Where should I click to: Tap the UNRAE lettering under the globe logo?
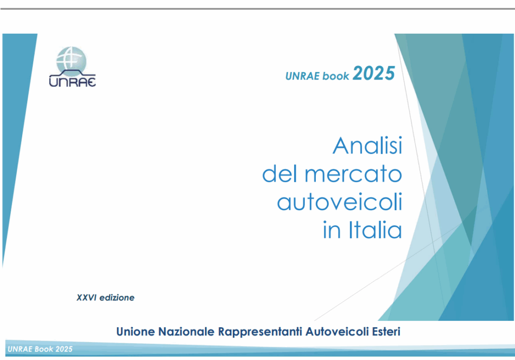coord(72,81)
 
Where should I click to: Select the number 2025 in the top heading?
coord(374,74)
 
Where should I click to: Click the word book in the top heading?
coord(335,76)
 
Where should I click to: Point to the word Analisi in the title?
coord(367,146)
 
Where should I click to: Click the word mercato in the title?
coord(353,174)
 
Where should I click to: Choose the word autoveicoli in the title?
coord(339,203)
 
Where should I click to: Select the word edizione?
coord(117,298)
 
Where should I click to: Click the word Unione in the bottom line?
coord(135,332)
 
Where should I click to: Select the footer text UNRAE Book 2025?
coord(40,349)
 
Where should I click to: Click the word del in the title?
coord(278,174)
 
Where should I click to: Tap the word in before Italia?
coord(331,231)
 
